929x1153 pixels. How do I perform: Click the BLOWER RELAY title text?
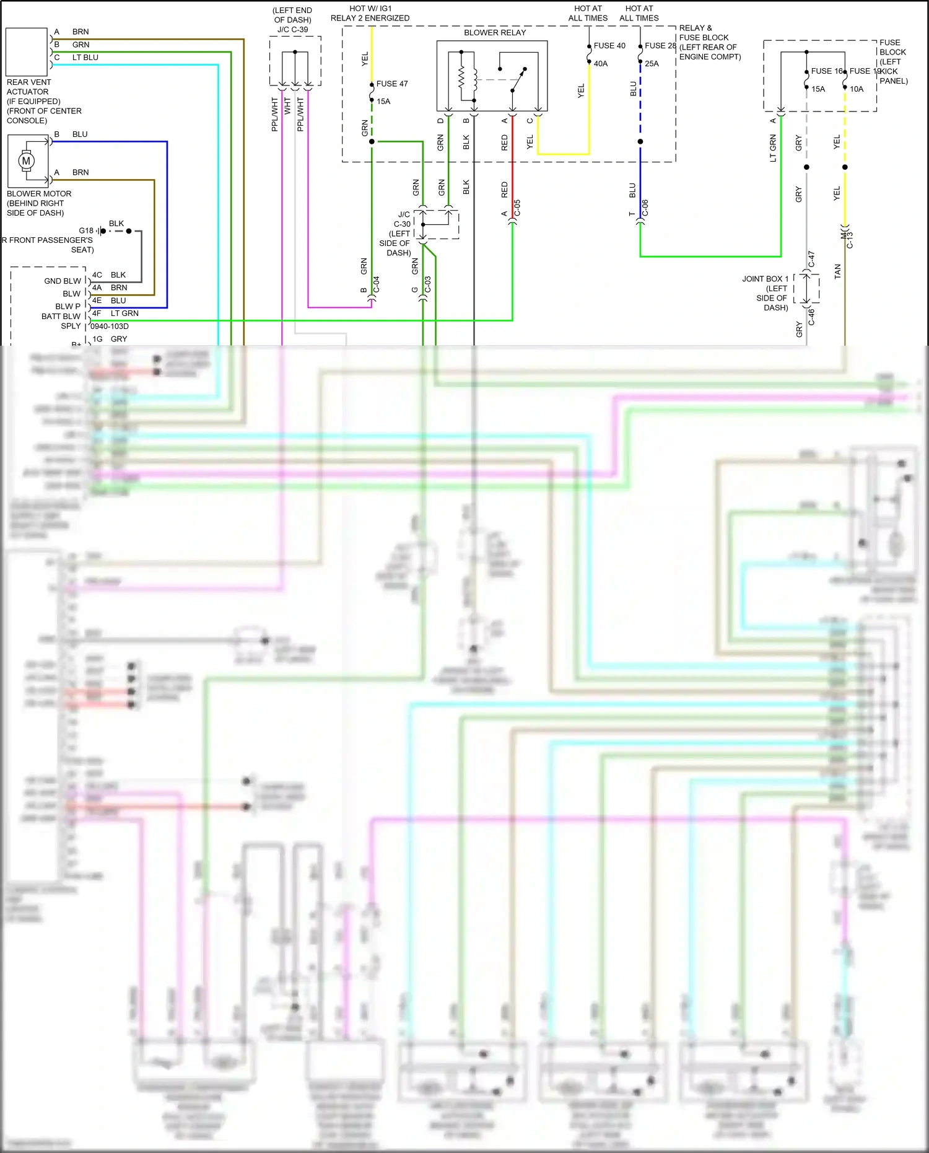pyautogui.click(x=495, y=33)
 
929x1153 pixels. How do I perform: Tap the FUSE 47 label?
pyautogui.click(x=392, y=84)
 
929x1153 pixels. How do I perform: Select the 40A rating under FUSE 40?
pyautogui.click(x=600, y=64)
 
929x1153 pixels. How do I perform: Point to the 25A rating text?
pyautogui.click(x=652, y=64)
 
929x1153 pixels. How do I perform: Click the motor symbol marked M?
pyautogui.click(x=26, y=161)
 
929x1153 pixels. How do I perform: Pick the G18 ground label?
pyautogui.click(x=85, y=230)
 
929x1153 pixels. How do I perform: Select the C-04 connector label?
pyautogui.click(x=377, y=284)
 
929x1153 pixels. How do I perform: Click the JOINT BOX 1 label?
pyautogui.click(x=765, y=279)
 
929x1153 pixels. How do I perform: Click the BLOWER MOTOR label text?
pyautogui.click(x=39, y=194)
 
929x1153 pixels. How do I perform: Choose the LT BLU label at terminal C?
pyautogui.click(x=85, y=58)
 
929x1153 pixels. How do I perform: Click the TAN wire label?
pyautogui.click(x=838, y=271)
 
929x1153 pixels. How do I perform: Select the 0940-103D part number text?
pyautogui.click(x=110, y=327)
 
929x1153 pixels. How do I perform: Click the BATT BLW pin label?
pyautogui.click(x=61, y=317)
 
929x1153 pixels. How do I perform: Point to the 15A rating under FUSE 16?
pyautogui.click(x=818, y=89)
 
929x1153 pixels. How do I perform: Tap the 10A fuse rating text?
pyautogui.click(x=857, y=89)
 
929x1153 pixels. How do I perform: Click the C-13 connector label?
pyautogui.click(x=850, y=240)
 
